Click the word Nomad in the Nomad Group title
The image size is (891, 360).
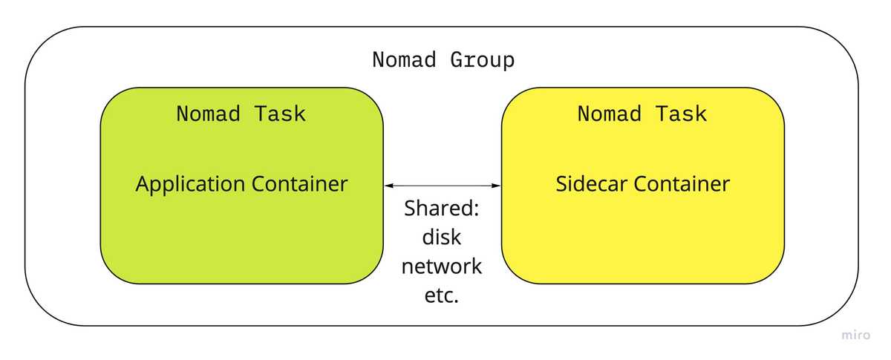[x=405, y=60]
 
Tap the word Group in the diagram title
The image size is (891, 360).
[x=482, y=60]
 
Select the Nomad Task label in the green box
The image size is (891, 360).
[x=241, y=114]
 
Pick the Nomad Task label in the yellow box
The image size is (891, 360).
[x=642, y=114]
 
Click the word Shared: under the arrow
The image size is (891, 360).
[x=442, y=209]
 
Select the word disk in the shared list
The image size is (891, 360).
[x=442, y=237]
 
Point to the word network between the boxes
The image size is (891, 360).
[x=442, y=266]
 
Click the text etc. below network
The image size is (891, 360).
[x=442, y=295]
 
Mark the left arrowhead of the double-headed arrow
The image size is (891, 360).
[x=388, y=185]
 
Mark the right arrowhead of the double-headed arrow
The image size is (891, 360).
[x=497, y=185]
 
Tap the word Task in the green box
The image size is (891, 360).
[x=280, y=114]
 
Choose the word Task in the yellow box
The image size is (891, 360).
[x=681, y=114]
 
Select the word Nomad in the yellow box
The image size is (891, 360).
[x=603, y=114]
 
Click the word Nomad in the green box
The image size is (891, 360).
[x=202, y=114]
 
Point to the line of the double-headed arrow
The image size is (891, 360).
[x=443, y=185]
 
